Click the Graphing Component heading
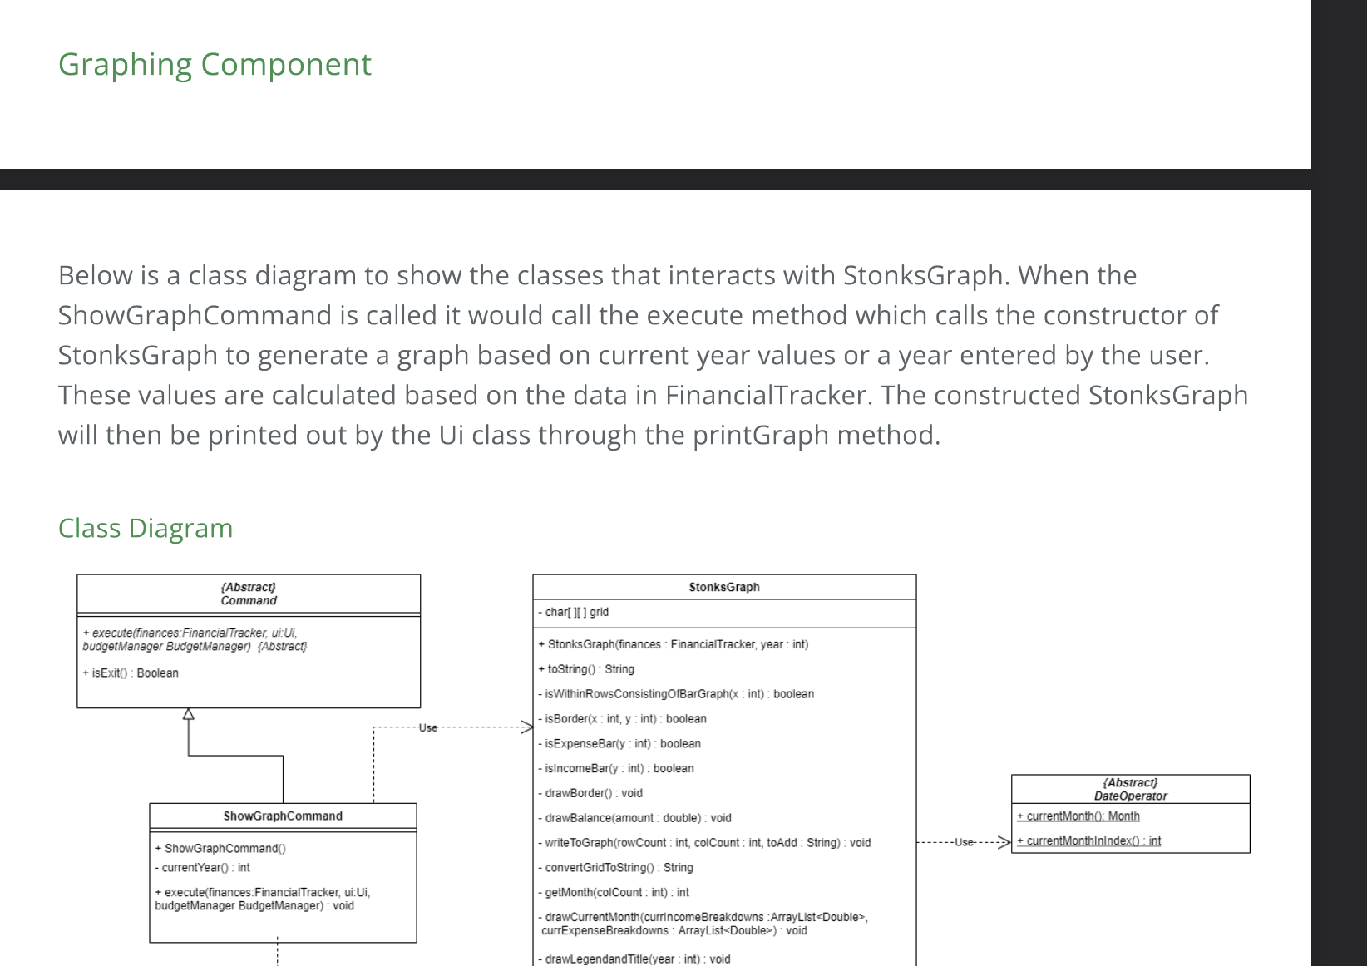(215, 65)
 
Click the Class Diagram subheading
(146, 529)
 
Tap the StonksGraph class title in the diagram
(723, 587)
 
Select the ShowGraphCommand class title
(283, 816)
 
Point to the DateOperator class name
(1130, 796)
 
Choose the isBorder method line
(624, 719)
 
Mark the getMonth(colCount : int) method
(616, 893)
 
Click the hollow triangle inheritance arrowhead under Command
(189, 714)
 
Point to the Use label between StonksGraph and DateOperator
(964, 842)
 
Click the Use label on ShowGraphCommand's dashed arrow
(427, 727)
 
